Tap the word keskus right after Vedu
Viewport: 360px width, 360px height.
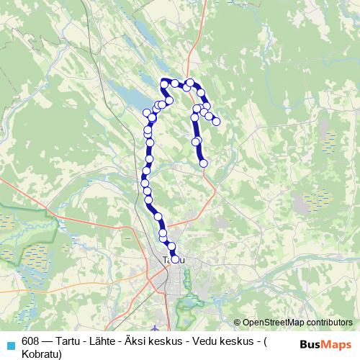tap(245, 342)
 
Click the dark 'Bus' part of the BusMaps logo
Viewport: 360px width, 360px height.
tap(309, 344)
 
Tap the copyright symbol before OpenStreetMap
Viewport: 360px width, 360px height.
tap(237, 323)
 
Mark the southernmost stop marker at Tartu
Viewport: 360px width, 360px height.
tap(174, 258)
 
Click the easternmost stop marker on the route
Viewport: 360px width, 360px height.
tap(215, 121)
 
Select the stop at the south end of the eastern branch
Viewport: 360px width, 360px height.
tap(203, 163)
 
